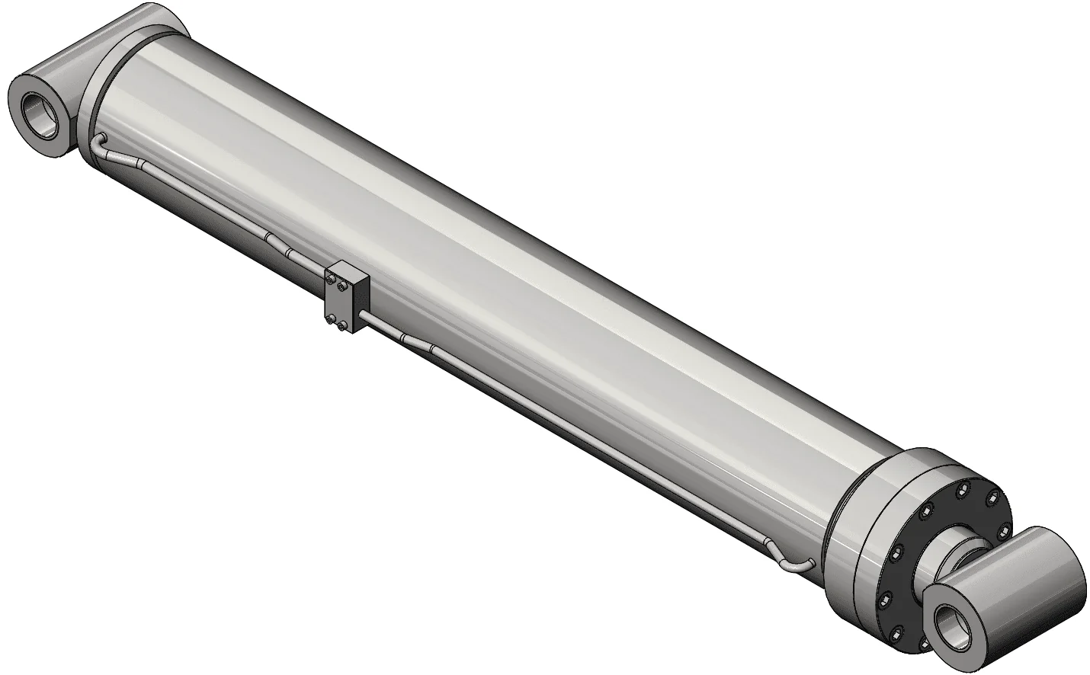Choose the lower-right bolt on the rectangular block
click(x=341, y=326)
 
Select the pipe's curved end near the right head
click(x=800, y=568)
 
